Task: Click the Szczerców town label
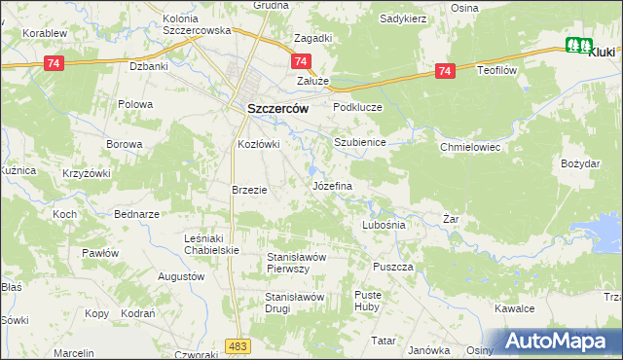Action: point(277,109)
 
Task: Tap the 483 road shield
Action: point(237,345)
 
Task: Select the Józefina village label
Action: point(331,184)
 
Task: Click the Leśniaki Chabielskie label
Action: point(212,243)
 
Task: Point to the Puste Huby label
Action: point(368,301)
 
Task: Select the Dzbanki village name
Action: point(150,67)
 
